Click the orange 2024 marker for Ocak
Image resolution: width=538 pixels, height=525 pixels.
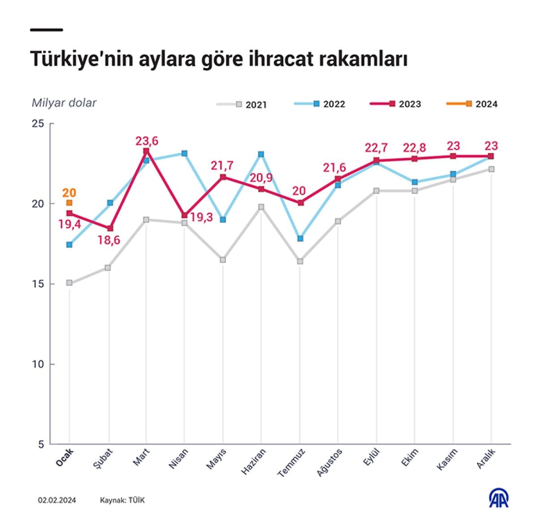tap(69, 203)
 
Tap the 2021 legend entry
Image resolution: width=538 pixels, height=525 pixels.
tap(242, 105)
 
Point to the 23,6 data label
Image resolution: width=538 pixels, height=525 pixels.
tap(147, 141)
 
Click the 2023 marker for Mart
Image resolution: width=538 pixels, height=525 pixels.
tap(147, 151)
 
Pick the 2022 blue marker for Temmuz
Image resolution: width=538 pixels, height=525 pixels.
tap(300, 239)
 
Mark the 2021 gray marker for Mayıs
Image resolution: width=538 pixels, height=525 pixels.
tap(223, 260)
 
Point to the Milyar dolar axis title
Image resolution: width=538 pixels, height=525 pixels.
tap(64, 103)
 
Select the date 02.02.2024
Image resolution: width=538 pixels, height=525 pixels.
tap(57, 500)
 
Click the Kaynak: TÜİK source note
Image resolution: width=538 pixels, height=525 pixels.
tap(122, 500)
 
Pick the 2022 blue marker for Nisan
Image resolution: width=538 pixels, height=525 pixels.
tap(184, 153)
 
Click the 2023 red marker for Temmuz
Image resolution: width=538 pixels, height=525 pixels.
tap(301, 203)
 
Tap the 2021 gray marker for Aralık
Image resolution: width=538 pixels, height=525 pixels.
tap(491, 169)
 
